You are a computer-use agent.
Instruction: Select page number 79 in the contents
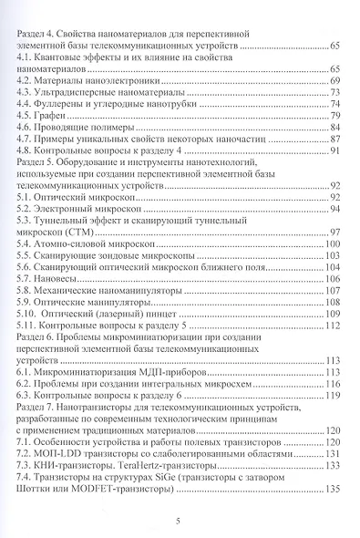point(334,117)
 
